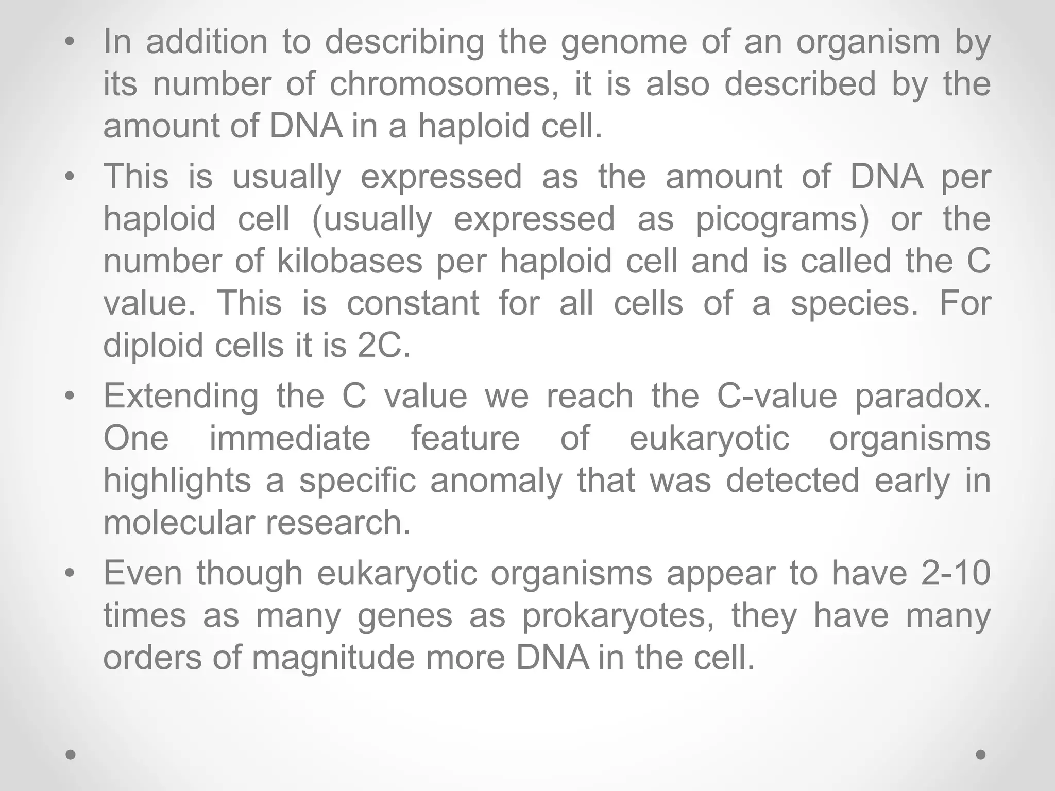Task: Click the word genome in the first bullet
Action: tap(623, 43)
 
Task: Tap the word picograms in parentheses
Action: tap(782, 219)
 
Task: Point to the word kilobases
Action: tap(350, 261)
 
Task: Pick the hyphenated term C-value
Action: tap(777, 396)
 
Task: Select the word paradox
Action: tap(923, 396)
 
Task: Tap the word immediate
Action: tap(290, 438)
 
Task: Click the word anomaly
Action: tap(496, 480)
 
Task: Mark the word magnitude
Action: tap(333, 658)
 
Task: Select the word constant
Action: tap(413, 303)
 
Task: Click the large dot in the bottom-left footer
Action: tap(71, 754)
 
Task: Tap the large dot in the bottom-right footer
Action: tap(981, 754)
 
